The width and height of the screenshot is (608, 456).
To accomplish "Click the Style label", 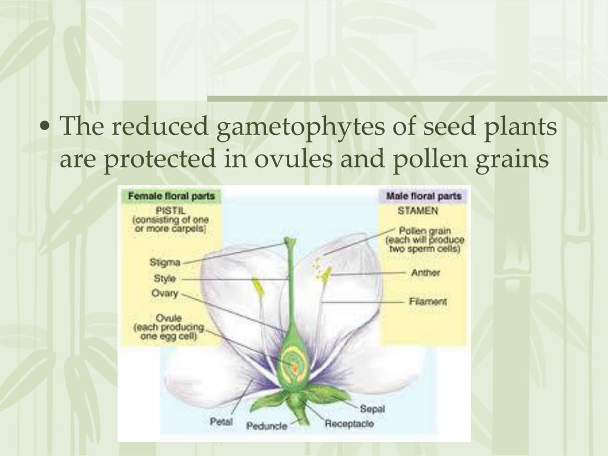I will tap(164, 278).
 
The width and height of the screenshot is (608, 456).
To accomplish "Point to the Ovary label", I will tap(164, 293).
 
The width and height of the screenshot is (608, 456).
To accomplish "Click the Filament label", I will tap(427, 302).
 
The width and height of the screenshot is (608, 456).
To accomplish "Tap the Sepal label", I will tap(372, 408).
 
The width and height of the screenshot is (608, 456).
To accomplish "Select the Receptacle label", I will tap(350, 424).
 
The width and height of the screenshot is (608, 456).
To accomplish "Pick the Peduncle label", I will tap(267, 426).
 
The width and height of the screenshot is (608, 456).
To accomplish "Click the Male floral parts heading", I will tap(424, 196).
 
